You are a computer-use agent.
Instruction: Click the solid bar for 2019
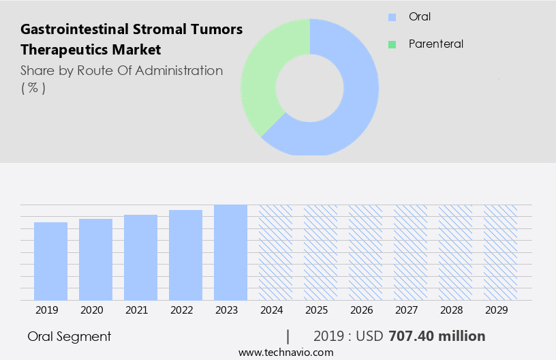coord(50,261)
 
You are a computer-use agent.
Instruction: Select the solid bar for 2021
coord(140,257)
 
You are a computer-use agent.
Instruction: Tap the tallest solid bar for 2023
coord(230,252)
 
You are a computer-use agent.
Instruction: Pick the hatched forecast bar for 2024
coord(275,252)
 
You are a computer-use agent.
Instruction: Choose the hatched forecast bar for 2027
coord(410,252)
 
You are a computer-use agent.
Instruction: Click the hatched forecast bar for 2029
coord(500,252)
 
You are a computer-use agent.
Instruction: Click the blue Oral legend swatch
coord(392,17)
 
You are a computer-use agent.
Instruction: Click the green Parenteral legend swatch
coord(392,44)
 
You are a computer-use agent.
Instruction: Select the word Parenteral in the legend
coord(435,44)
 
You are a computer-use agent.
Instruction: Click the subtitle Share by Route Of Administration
coord(121,70)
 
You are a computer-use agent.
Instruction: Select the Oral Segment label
coord(69,336)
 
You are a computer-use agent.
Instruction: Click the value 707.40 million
coord(437,336)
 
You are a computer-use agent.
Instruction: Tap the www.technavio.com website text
coord(285,352)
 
